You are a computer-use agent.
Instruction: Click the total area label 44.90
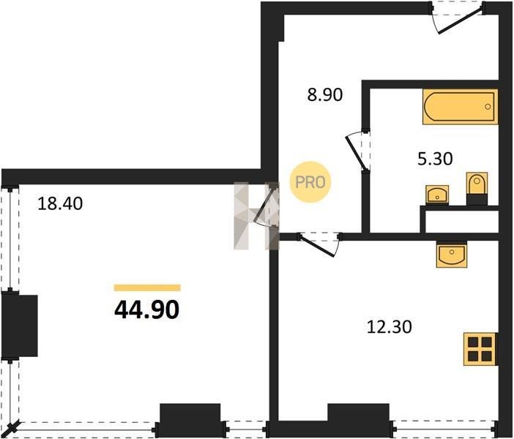coord(147,310)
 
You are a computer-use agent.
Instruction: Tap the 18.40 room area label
coord(60,203)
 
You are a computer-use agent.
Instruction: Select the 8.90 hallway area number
coord(325,95)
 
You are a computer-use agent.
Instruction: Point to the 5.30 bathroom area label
coord(435,160)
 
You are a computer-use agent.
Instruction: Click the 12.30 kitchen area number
coord(389,327)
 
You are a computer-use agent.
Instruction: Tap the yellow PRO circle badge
coord(310,182)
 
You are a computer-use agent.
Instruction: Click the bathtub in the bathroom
coord(461,107)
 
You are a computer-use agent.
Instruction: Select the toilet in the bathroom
coord(477,188)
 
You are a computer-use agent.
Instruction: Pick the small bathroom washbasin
coord(437,195)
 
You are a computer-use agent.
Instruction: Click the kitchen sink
coord(452,255)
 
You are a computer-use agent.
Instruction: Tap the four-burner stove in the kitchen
coord(480,349)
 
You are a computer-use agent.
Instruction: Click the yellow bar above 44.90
coord(147,288)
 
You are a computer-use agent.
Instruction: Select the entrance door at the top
coord(458,18)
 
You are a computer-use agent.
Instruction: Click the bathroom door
coord(358,151)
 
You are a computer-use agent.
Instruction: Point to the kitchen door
coord(320,244)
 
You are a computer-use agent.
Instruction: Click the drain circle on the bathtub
coord(488,107)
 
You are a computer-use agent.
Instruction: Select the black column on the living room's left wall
coord(20,326)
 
